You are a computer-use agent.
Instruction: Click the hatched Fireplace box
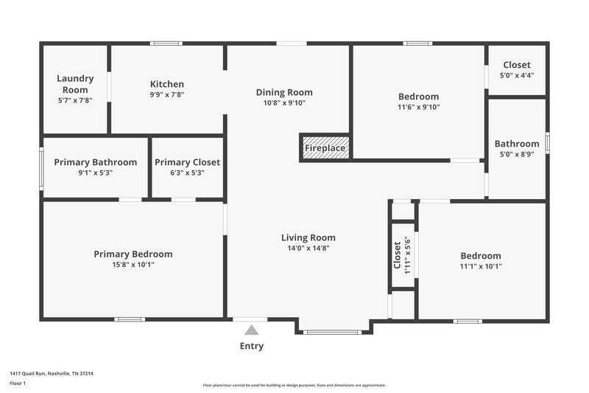tap(325, 147)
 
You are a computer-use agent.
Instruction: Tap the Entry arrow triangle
tap(252, 331)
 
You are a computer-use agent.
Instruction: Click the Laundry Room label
tap(75, 84)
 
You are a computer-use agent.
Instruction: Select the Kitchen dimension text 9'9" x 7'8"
tap(166, 94)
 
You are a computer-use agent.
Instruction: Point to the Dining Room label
tap(284, 92)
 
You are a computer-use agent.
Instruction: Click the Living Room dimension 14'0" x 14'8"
tap(308, 248)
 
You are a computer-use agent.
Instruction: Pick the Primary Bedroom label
tap(133, 254)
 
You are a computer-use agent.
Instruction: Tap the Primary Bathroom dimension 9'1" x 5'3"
tap(95, 173)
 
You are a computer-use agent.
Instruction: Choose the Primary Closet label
tap(187, 162)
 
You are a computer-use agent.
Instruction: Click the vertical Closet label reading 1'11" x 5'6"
tap(402, 255)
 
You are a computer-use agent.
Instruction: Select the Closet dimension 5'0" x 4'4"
tap(517, 75)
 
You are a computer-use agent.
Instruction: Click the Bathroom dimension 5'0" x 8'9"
tap(517, 154)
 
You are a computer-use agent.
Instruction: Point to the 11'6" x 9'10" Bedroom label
tap(418, 97)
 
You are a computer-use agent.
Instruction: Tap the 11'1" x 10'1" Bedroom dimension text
tap(481, 266)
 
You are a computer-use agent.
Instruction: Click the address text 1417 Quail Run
tap(52, 373)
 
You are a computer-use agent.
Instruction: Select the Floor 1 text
tap(18, 383)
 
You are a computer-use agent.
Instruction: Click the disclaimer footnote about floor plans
tap(294, 385)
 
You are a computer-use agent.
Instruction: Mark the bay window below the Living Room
tap(333, 333)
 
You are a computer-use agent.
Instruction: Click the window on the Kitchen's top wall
tap(166, 44)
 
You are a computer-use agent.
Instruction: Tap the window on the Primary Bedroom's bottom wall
tap(130, 319)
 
